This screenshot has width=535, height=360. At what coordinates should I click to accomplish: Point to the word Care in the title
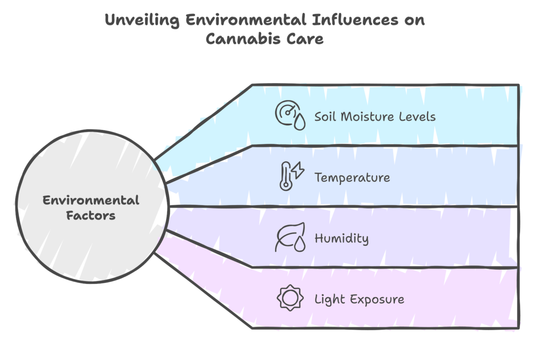pyautogui.click(x=305, y=39)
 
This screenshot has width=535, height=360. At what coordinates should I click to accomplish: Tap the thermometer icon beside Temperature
pyautogui.click(x=285, y=177)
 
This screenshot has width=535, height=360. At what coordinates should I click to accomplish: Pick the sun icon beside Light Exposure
pyautogui.click(x=289, y=299)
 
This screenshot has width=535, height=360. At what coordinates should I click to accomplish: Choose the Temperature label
pyautogui.click(x=352, y=177)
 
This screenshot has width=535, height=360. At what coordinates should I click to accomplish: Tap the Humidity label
pyautogui.click(x=341, y=238)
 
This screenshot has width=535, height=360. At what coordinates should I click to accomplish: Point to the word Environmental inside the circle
pyautogui.click(x=91, y=200)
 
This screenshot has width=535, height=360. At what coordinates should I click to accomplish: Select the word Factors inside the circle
pyautogui.click(x=91, y=215)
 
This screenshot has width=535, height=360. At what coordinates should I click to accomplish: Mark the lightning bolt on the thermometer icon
pyautogui.click(x=298, y=171)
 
